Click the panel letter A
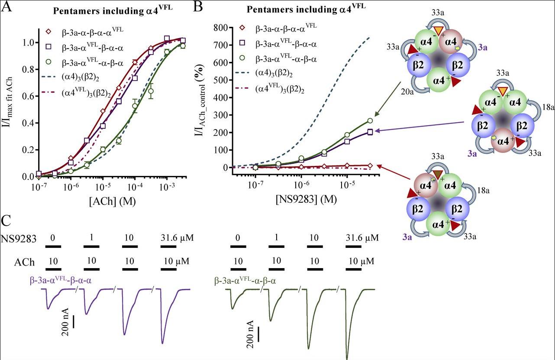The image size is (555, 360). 6,6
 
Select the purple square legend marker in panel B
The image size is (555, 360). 242,42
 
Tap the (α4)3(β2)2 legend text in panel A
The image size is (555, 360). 81,78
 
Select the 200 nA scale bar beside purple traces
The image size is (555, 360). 74,322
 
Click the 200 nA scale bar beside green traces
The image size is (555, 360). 259,334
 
